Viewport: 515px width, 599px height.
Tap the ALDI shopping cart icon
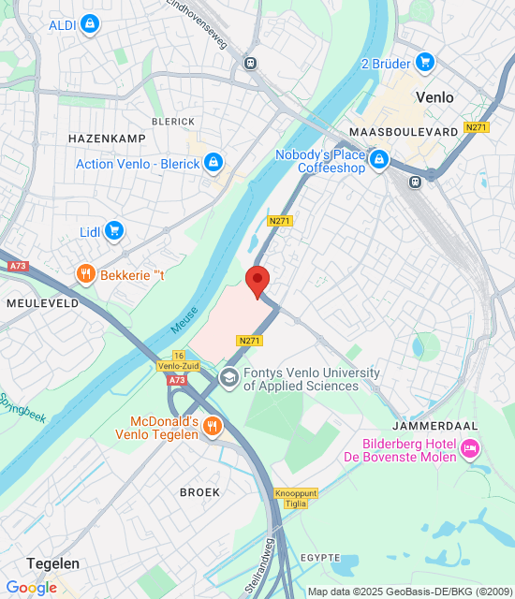coord(90,23)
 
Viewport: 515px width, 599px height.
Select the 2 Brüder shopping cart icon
coord(425,62)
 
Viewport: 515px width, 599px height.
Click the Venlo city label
coord(434,97)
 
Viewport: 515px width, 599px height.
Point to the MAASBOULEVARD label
coord(403,132)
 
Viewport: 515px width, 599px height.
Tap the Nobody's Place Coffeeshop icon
coord(379,161)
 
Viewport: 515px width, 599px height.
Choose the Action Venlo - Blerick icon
coord(213,164)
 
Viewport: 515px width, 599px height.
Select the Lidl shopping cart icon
coord(114,230)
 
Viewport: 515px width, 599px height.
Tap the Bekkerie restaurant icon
coord(86,274)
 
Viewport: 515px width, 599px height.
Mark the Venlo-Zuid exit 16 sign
coord(178,361)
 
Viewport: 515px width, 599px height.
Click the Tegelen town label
coord(52,563)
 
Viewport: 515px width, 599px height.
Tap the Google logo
coord(31,587)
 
